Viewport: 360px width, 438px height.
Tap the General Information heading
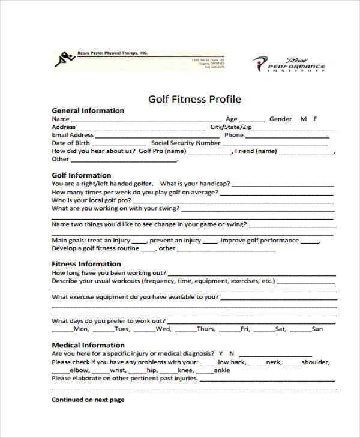coord(88,110)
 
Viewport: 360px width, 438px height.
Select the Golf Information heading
coord(82,175)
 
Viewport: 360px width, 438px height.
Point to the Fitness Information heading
coord(86,264)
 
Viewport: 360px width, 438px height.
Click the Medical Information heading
coord(88,346)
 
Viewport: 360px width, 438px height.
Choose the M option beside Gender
coord(303,119)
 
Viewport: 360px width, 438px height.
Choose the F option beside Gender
coord(316,119)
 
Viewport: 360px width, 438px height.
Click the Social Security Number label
coord(186,143)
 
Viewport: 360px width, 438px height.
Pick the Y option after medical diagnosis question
coord(221,354)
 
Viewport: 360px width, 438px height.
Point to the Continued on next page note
coord(88,400)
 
